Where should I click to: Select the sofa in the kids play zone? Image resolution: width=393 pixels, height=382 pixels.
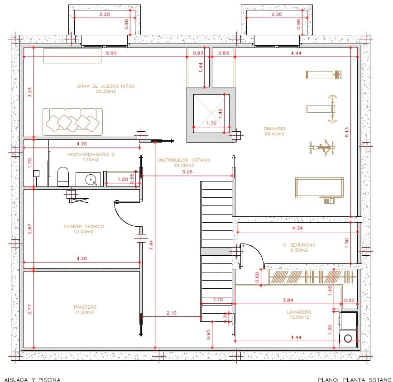click(x=73, y=121)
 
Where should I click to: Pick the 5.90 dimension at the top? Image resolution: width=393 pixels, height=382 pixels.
click(x=111, y=53)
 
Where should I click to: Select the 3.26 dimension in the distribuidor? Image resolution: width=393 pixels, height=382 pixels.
click(x=187, y=172)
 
